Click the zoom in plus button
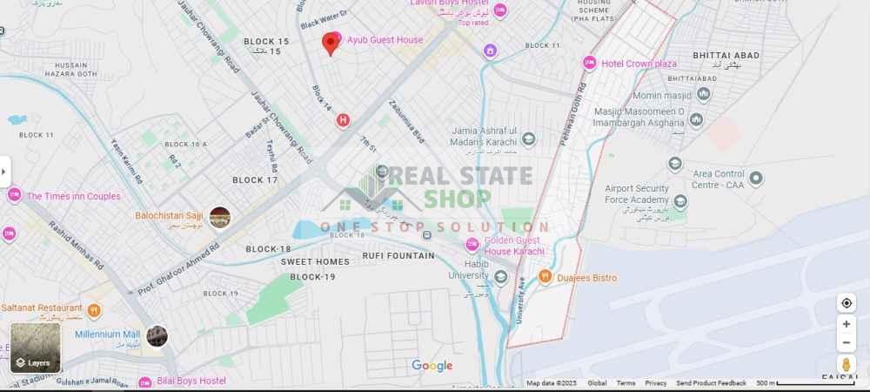tap(846, 324)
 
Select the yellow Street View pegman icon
tap(846, 364)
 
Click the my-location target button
tap(846, 303)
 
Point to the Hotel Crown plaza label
tap(639, 64)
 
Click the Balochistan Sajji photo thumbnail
tap(220, 217)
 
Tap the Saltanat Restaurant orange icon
tap(94, 308)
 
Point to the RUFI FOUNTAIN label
tap(398, 256)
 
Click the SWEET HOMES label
tap(314, 261)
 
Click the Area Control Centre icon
tap(756, 179)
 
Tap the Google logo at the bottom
tap(432, 366)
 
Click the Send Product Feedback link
tap(711, 383)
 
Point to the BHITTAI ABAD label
tap(727, 55)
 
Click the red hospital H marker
tap(344, 119)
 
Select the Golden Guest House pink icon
tap(472, 243)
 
